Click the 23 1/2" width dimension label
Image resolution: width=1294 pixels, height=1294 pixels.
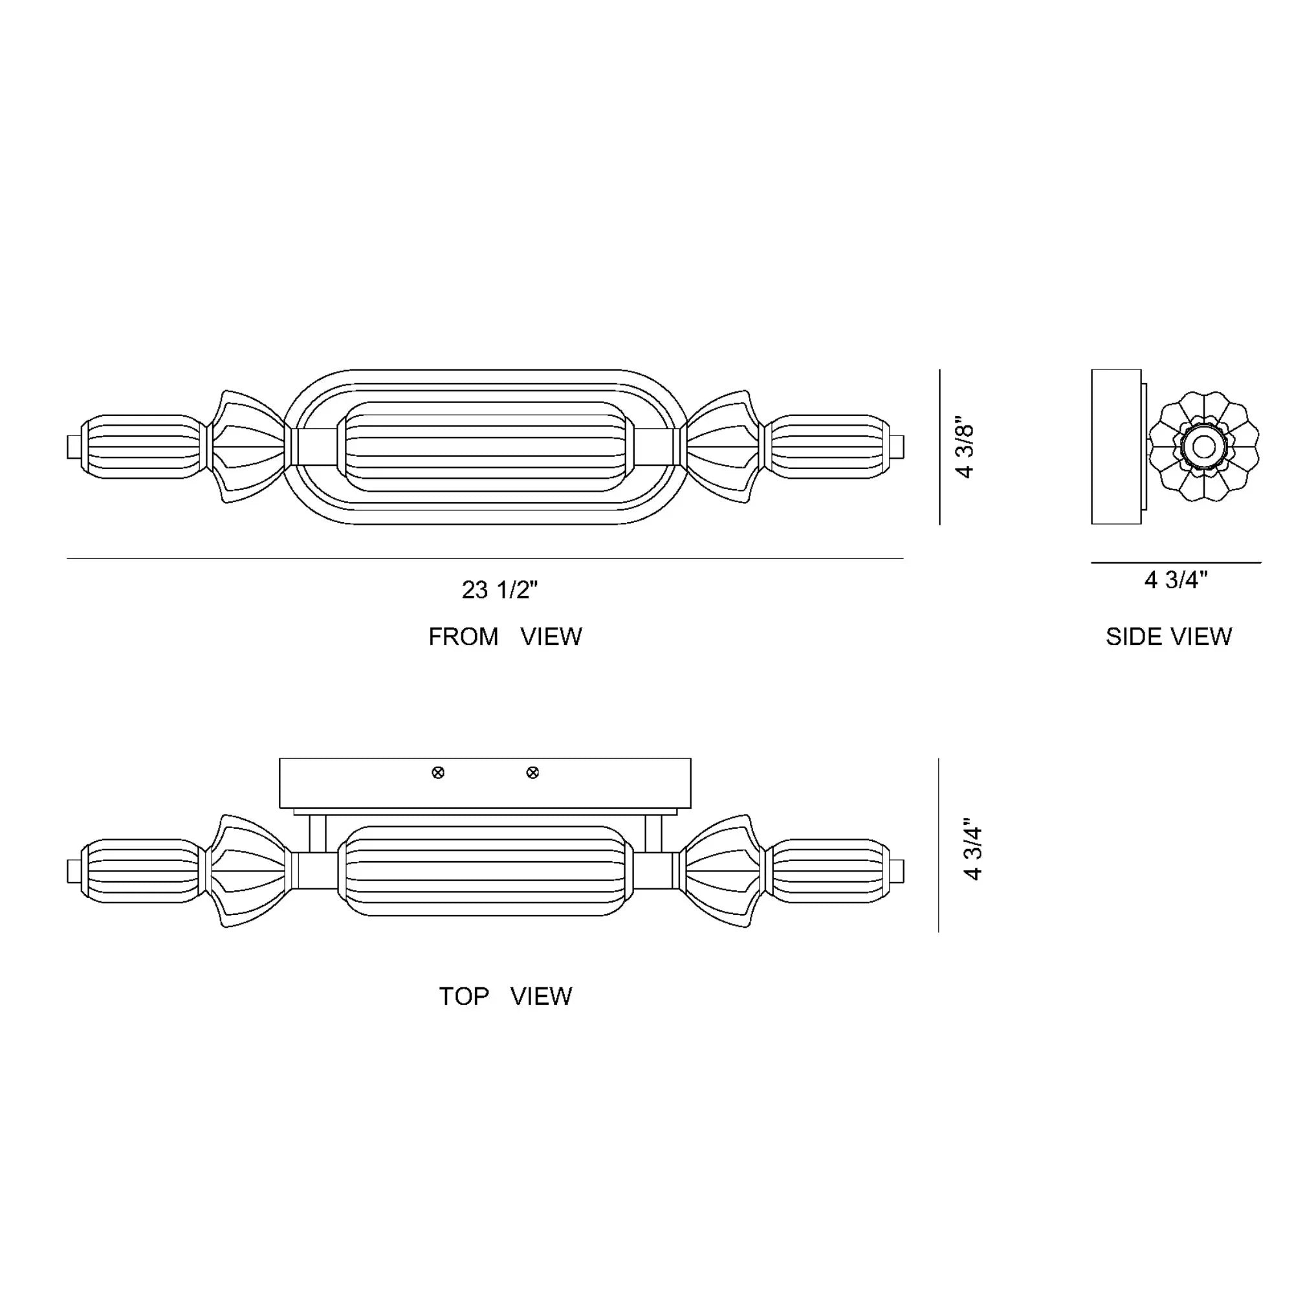point(499,589)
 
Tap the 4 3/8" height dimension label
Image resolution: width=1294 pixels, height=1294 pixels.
point(965,451)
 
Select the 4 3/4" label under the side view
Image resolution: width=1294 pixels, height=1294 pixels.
point(1176,579)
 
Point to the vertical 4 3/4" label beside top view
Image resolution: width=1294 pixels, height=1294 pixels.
point(972,853)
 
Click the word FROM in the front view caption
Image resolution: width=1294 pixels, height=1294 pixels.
point(463,636)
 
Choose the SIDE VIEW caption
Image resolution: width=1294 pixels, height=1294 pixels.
point(1168,636)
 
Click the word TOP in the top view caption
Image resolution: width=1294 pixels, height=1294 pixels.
point(463,996)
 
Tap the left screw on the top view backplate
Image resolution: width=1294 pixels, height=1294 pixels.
point(438,773)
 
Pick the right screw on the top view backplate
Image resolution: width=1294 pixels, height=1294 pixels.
point(532,773)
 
